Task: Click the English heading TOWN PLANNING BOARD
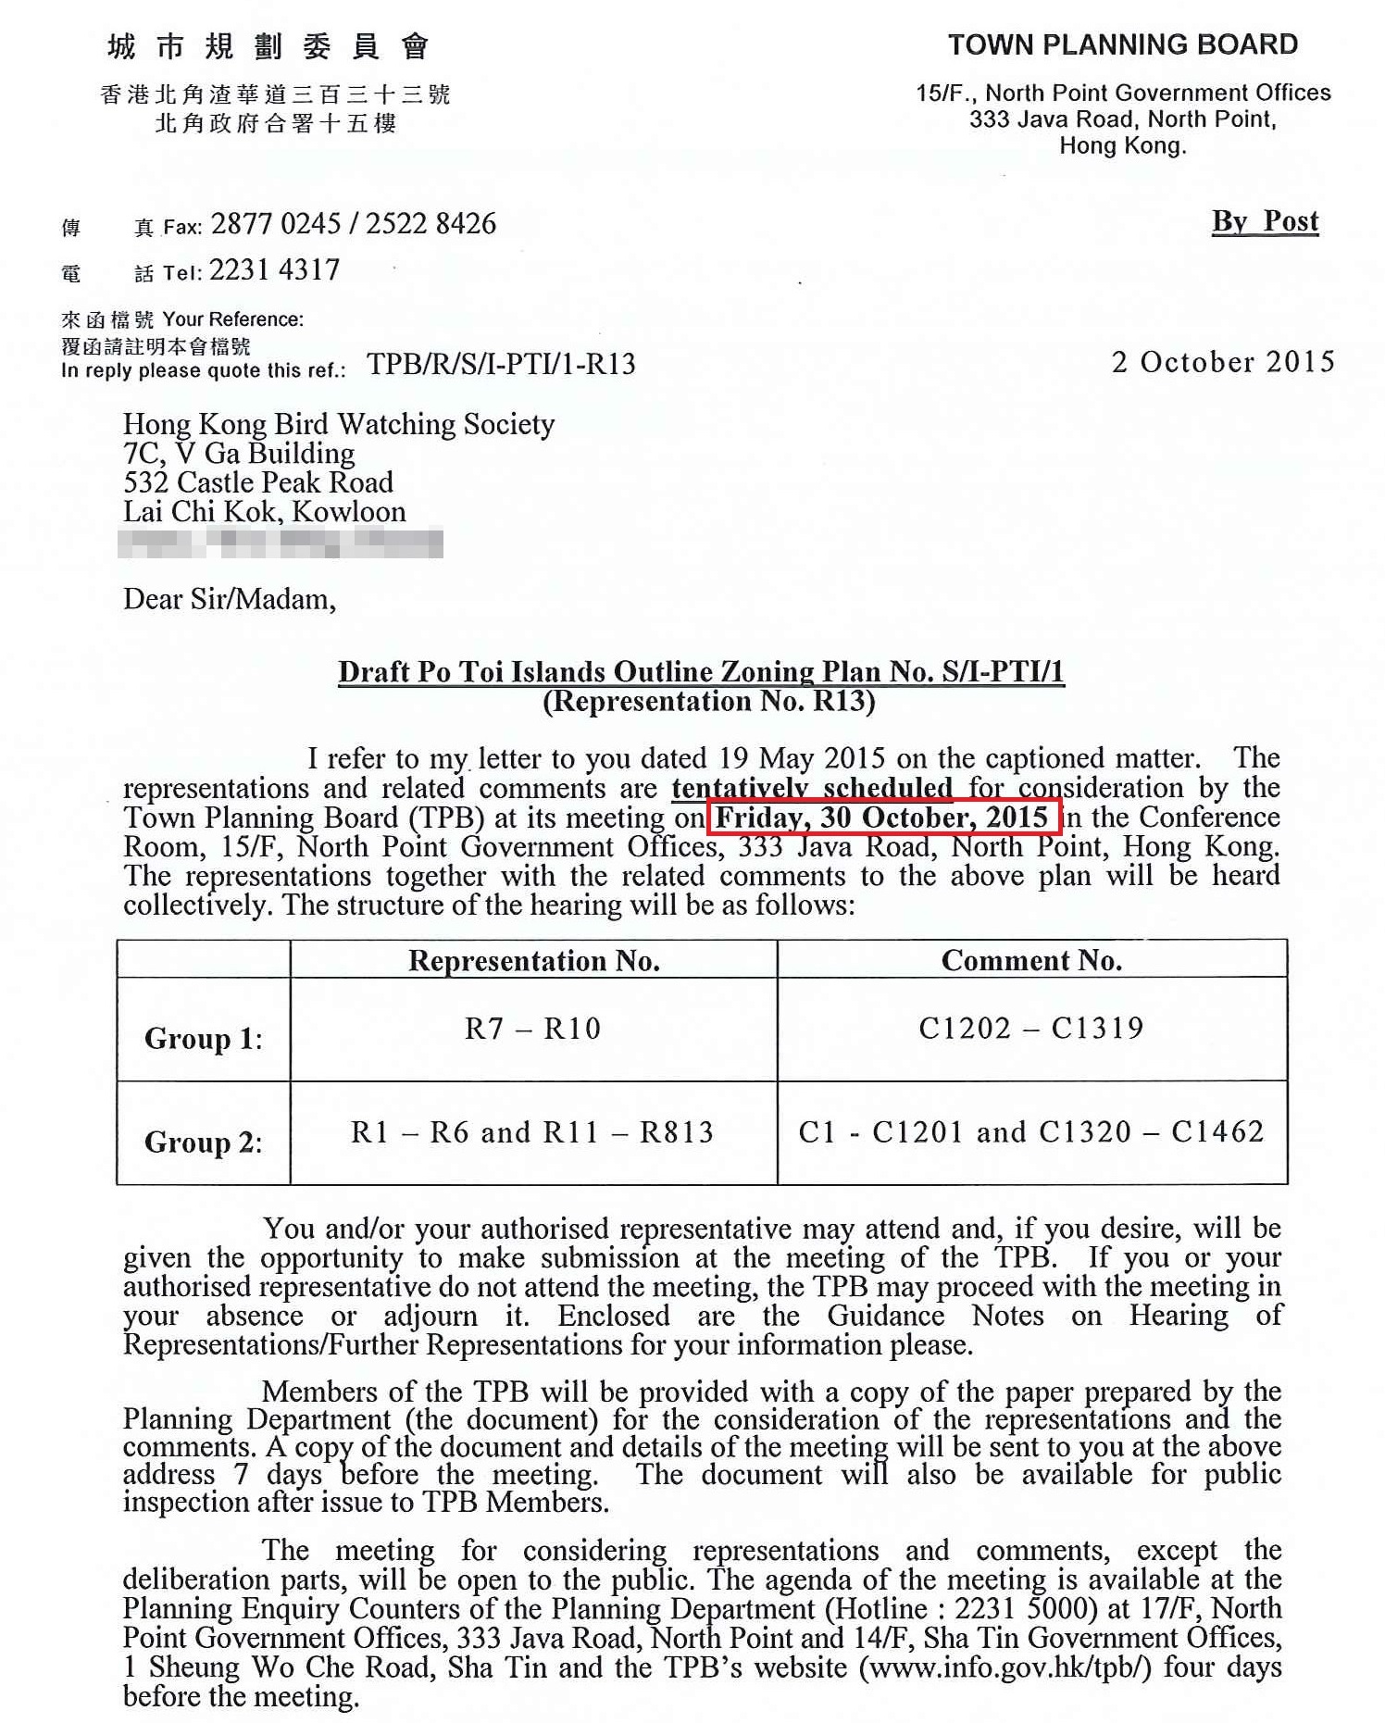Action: pos(1122,44)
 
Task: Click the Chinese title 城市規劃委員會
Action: pos(268,46)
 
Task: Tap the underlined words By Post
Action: pos(1265,221)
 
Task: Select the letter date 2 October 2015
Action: pos(1222,362)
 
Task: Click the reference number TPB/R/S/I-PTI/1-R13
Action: pos(501,365)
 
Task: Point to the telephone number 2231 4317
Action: pos(275,270)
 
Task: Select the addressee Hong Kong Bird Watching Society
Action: pos(339,424)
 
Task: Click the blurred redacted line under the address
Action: pos(281,543)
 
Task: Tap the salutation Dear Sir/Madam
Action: pos(230,599)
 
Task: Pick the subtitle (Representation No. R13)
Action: pos(709,702)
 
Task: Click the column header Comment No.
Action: pos(1031,960)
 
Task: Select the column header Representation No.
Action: pos(534,961)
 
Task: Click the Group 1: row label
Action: pos(204,1039)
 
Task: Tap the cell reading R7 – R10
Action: pos(533,1029)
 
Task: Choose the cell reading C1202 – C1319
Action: pos(1031,1028)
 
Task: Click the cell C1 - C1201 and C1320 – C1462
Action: pos(1031,1131)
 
